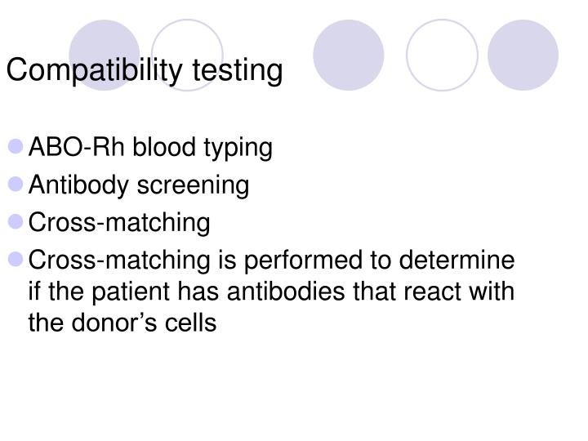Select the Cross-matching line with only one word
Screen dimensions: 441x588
pyautogui.click(x=119, y=223)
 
